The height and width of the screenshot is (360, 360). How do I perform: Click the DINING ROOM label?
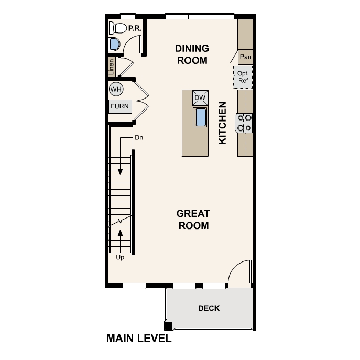(x=192, y=54)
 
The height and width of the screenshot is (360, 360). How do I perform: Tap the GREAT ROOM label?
(x=193, y=220)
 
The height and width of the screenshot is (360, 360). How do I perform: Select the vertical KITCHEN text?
(x=222, y=123)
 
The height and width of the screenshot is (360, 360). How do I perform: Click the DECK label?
(x=209, y=308)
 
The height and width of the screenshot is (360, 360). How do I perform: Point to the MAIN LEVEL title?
(x=139, y=339)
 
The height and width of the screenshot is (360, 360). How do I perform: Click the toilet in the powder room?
(x=117, y=28)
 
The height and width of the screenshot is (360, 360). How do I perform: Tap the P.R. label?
(x=136, y=28)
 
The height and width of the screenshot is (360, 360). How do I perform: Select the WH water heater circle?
(x=116, y=90)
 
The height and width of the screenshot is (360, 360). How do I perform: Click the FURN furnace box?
(x=119, y=107)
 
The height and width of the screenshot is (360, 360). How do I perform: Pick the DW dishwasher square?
(x=200, y=98)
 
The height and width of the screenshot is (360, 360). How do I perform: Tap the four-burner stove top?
(x=244, y=122)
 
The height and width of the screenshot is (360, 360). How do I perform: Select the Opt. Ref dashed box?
(x=243, y=77)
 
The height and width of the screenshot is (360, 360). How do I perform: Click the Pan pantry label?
(x=245, y=57)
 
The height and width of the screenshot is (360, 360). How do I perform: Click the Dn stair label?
(x=139, y=138)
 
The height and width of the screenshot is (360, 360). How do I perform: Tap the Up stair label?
(x=120, y=257)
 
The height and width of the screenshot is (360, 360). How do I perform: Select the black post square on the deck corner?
(x=169, y=324)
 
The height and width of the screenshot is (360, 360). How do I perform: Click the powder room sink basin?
(x=114, y=44)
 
